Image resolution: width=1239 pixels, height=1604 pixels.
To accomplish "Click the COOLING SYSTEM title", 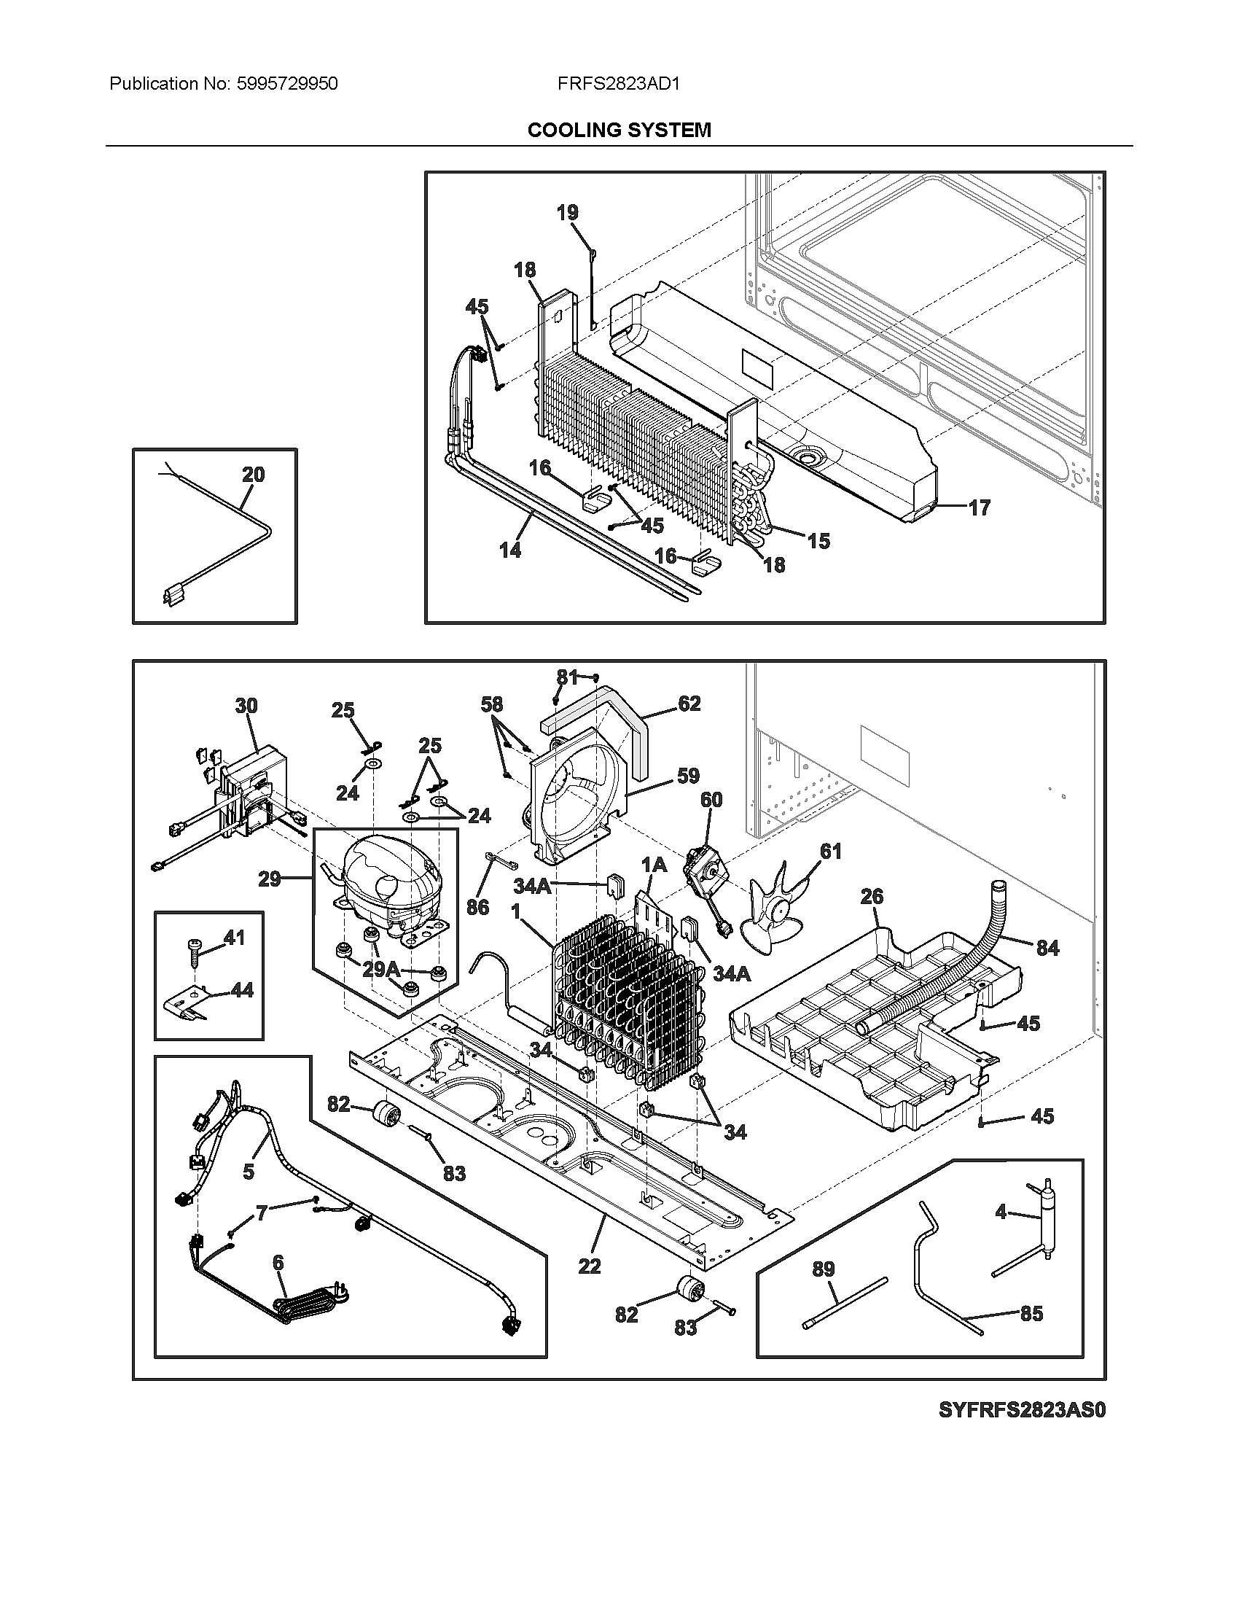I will (619, 130).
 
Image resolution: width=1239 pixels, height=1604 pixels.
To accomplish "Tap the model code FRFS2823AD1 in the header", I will (618, 84).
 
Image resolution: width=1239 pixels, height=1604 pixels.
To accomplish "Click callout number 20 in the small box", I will (253, 475).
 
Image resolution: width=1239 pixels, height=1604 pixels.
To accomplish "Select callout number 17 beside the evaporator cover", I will (979, 507).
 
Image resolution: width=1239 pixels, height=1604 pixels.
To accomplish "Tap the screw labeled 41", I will (197, 954).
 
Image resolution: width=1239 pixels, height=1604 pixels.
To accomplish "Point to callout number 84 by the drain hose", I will (1047, 948).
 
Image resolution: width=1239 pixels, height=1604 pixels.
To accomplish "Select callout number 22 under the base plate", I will (590, 1266).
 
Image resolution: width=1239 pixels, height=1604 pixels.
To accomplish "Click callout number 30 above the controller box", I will (246, 706).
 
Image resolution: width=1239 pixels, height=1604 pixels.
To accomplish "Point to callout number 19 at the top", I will (566, 212).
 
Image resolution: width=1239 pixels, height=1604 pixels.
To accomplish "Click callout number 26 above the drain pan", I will (871, 896).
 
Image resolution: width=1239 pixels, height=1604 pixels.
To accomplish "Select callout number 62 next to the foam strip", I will (689, 704).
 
